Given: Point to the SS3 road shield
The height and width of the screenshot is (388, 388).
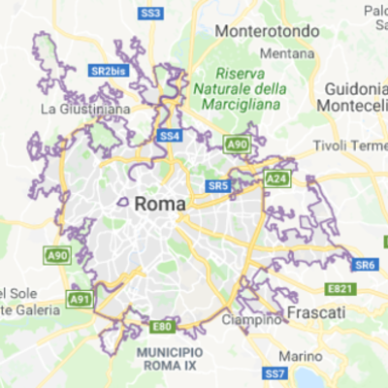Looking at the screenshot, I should coord(150,13).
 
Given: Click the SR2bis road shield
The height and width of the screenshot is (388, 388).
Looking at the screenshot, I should coord(109,71).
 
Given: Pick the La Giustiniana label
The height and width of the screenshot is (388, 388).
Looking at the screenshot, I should coord(85,109).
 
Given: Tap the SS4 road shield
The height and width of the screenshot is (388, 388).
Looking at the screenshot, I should coord(170,136).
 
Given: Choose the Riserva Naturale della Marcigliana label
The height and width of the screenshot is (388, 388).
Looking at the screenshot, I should coord(251,89).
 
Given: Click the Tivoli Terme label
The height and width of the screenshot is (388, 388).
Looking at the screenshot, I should coord(350,145).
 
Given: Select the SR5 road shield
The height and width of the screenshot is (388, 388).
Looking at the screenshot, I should coord(217,185).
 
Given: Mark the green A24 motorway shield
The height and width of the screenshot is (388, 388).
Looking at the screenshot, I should coord(276,178).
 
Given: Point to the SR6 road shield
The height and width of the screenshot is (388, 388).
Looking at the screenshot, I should coord(365,265).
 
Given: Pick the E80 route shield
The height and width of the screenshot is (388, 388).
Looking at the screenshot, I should coord(163,327).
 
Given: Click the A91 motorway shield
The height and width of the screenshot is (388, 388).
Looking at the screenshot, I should coord(81,299).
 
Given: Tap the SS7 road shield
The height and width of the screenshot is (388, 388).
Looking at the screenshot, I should coord(275,373).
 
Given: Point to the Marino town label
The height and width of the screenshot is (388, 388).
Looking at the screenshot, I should coord(299,355).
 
